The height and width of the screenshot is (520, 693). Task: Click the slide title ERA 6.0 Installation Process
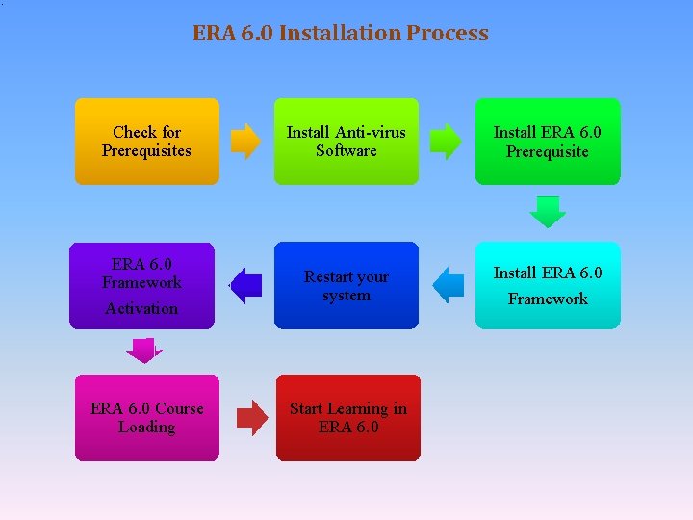pyautogui.click(x=341, y=33)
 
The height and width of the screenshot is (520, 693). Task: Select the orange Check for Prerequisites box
pyautogui.click(x=147, y=142)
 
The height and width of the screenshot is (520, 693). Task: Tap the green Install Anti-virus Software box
pyautogui.click(x=346, y=142)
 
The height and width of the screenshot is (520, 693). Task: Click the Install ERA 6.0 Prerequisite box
pyautogui.click(x=548, y=142)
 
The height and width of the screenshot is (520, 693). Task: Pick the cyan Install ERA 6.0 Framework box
pyautogui.click(x=548, y=285)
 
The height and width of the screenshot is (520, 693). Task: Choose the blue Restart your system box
pyautogui.click(x=346, y=285)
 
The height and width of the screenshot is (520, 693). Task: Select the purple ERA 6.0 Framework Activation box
pyautogui.click(x=141, y=285)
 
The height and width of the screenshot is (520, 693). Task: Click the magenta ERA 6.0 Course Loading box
pyautogui.click(x=147, y=418)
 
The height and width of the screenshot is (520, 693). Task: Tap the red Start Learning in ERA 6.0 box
pyautogui.click(x=348, y=418)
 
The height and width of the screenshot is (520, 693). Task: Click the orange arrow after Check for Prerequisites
pyautogui.click(x=246, y=141)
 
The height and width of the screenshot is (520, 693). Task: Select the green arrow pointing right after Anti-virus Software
pyautogui.click(x=446, y=141)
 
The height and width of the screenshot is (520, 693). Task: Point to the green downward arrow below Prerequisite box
pyautogui.click(x=549, y=211)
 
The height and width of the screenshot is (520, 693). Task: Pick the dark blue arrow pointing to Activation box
pyautogui.click(x=246, y=285)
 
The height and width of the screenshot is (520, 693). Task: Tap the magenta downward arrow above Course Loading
pyautogui.click(x=144, y=351)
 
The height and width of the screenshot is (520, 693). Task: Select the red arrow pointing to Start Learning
pyautogui.click(x=252, y=418)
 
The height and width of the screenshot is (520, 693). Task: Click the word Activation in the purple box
pyautogui.click(x=141, y=308)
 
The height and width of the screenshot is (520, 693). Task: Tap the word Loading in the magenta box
pyautogui.click(x=147, y=427)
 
